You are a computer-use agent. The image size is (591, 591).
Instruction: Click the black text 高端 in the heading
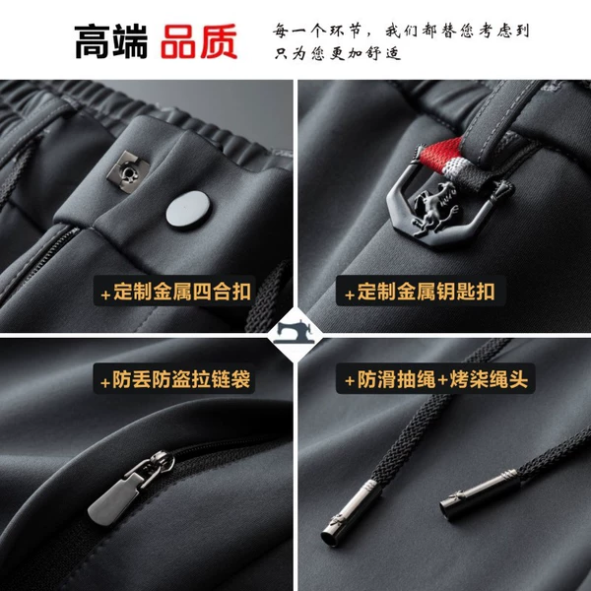point(111,41)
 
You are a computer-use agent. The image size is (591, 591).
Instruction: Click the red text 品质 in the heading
point(199,41)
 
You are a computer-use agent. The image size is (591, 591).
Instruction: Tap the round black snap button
point(188,211)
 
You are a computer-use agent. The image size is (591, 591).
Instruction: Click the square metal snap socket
point(128,171)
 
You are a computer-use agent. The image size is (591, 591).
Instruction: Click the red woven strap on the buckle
point(440,153)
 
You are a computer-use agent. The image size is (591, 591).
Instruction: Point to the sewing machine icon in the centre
point(295,332)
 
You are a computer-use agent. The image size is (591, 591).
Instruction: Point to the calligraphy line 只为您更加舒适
point(337,53)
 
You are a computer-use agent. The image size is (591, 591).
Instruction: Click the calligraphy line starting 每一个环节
point(401,31)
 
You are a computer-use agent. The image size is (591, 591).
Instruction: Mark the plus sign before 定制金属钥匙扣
point(350,295)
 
